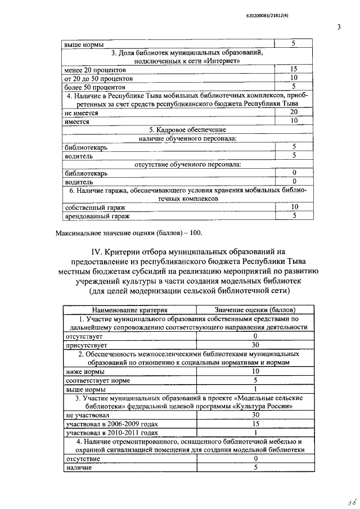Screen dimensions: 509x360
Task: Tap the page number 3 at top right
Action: point(339,26)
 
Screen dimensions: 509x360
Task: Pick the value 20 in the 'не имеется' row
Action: point(293,112)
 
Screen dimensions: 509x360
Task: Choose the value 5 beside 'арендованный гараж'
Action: point(294,216)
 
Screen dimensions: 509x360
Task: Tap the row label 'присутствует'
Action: point(85,345)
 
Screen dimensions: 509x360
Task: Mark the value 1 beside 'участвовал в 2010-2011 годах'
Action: point(255,432)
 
